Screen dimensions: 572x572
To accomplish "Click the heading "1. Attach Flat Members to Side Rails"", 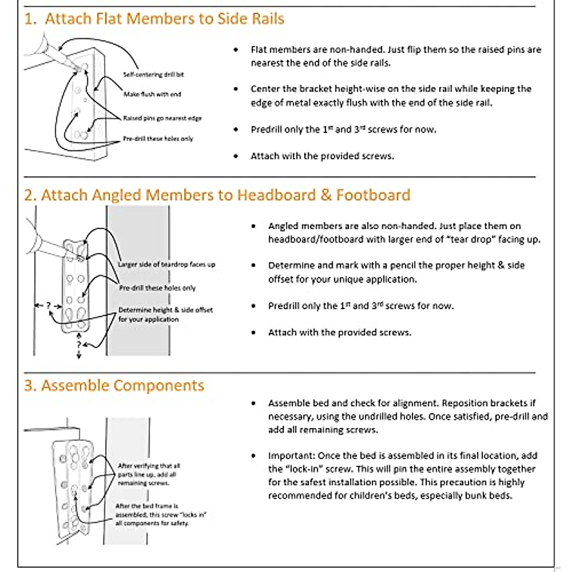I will (x=154, y=19).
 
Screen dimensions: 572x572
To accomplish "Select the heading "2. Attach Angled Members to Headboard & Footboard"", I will (x=217, y=195).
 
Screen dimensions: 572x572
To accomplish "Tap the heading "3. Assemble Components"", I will (x=114, y=386).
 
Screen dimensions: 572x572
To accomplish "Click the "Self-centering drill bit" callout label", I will (x=153, y=75).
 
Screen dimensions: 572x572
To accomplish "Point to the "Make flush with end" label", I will (x=152, y=94).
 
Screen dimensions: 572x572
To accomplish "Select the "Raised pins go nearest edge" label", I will (x=162, y=118).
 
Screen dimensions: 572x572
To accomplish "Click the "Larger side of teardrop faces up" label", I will (x=166, y=265).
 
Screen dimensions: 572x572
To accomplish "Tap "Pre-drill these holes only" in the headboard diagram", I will (x=157, y=288).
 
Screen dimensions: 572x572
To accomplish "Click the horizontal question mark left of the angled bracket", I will (x=48, y=305).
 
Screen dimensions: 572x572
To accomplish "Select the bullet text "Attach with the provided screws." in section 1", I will (x=322, y=156).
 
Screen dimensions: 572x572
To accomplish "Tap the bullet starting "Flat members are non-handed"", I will (x=396, y=56).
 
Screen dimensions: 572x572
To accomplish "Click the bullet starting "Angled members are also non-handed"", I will (x=404, y=233).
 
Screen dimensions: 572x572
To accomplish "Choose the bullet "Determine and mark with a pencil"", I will (x=396, y=272).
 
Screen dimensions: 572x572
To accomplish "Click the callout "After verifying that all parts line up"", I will (x=149, y=474).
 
